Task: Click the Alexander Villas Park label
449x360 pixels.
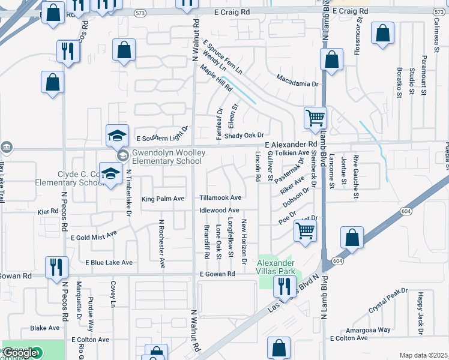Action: pyautogui.click(x=276, y=267)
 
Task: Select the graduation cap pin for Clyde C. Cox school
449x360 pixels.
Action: pyautogui.click(x=110, y=175)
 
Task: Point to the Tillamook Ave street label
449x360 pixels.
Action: pyautogui.click(x=220, y=198)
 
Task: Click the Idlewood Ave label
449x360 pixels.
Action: pyautogui.click(x=220, y=211)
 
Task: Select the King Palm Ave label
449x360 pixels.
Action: pyautogui.click(x=162, y=199)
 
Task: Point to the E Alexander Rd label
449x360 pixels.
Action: pyautogui.click(x=291, y=145)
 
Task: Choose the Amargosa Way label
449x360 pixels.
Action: pyautogui.click(x=368, y=330)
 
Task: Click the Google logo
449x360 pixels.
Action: pyautogui.click(x=20, y=353)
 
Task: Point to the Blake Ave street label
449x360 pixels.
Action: pyautogui.click(x=45, y=328)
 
